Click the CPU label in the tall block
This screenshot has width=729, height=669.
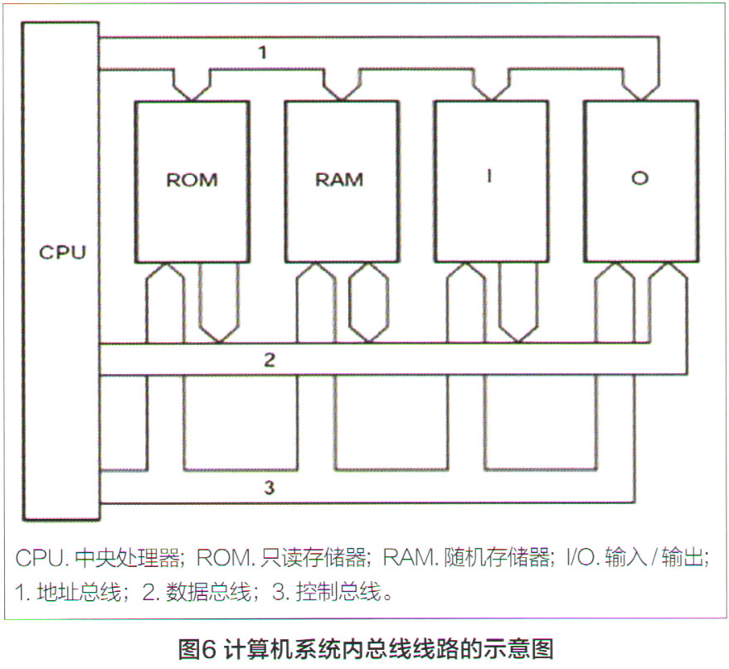coord(62,252)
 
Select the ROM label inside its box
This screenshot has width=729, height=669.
coord(192,179)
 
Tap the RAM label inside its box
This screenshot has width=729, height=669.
coord(339,179)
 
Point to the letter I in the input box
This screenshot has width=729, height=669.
coord(489,177)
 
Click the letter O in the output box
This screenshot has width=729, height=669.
coord(639,178)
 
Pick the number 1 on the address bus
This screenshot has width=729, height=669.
coord(262,53)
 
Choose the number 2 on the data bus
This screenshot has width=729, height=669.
coord(269,361)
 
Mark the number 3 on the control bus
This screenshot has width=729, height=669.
coord(269,487)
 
